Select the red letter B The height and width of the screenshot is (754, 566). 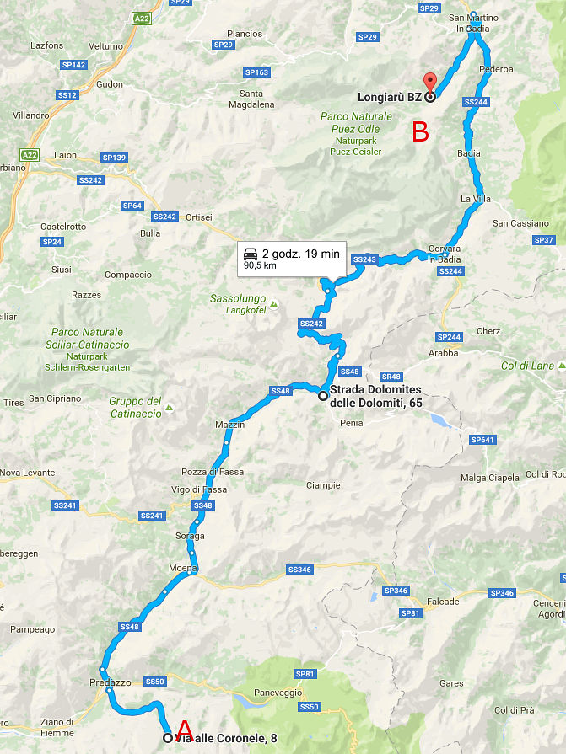click(420, 132)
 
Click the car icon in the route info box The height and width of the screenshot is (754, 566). click(250, 253)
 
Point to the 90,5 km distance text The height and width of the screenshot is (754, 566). click(261, 265)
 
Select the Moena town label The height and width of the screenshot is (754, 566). click(182, 569)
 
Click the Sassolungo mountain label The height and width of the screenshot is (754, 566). click(239, 299)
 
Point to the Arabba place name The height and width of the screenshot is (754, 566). click(444, 353)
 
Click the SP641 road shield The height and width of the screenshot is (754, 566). click(482, 440)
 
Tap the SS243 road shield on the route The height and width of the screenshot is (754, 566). click(364, 259)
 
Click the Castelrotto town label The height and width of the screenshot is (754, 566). click(64, 227)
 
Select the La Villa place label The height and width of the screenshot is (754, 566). click(475, 198)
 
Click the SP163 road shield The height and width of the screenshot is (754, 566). click(257, 72)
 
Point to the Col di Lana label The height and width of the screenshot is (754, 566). click(528, 366)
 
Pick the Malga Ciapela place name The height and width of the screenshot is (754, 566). click(490, 478)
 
